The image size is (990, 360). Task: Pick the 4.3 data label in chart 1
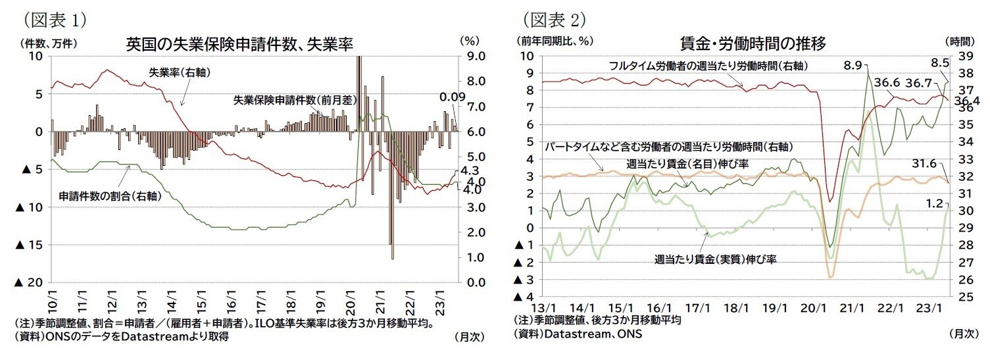click(x=471, y=170)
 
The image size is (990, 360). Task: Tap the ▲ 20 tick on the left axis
click(x=33, y=282)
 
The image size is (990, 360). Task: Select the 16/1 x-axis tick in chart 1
click(x=231, y=304)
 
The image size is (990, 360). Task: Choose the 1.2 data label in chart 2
click(x=935, y=203)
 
